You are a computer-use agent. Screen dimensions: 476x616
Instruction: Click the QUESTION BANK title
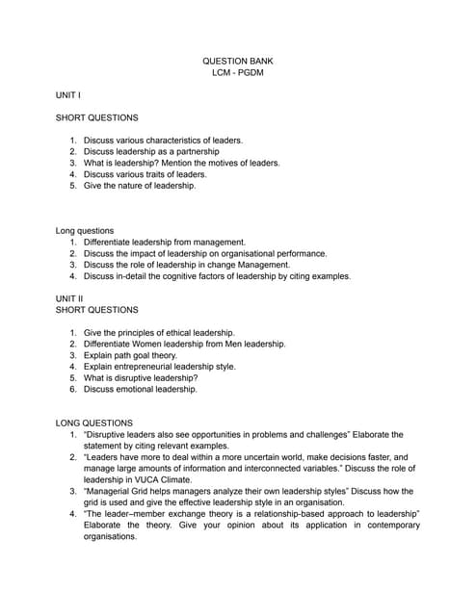tap(237, 61)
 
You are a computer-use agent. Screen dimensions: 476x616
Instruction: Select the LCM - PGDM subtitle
tap(237, 73)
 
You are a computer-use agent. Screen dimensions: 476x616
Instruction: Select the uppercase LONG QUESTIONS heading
tap(95, 423)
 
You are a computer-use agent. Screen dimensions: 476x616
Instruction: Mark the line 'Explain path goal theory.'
tap(130, 355)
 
